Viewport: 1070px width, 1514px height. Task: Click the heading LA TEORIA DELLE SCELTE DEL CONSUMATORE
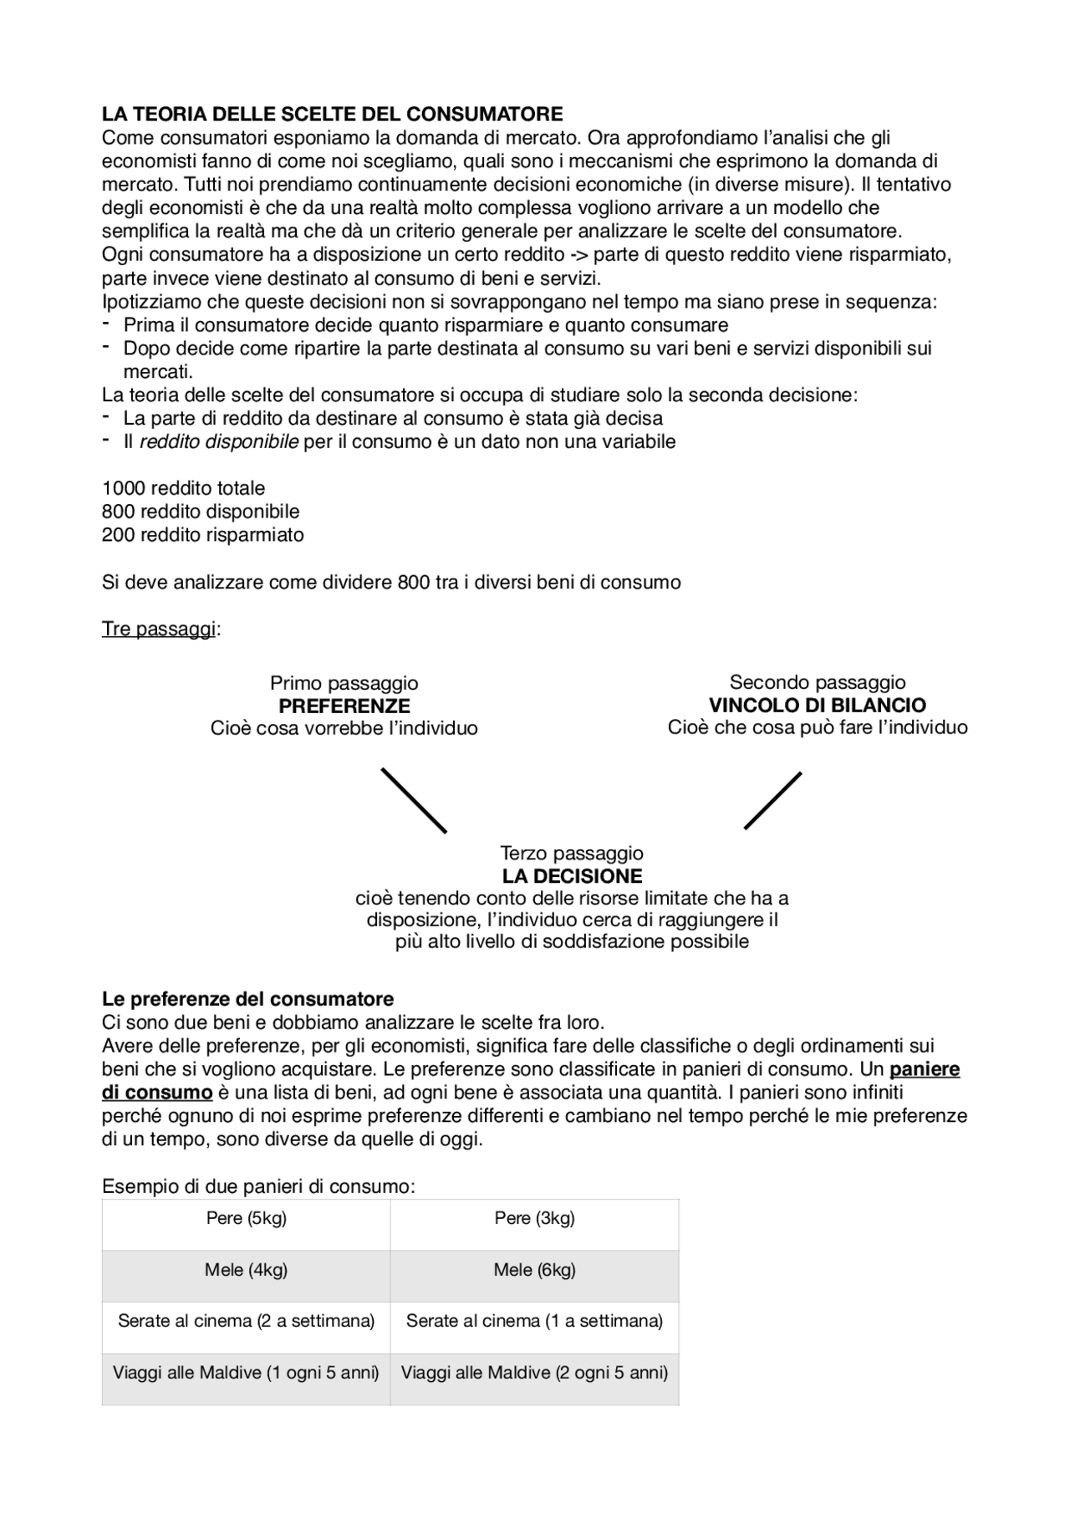(x=332, y=114)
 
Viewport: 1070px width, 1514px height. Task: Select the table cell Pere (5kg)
(x=246, y=1218)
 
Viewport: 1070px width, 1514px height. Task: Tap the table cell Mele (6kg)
(x=534, y=1270)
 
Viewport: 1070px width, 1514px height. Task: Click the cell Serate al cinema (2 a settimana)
(x=246, y=1321)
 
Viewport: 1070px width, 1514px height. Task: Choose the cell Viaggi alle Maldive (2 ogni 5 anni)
(x=534, y=1373)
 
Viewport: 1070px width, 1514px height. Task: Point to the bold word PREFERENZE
(x=344, y=706)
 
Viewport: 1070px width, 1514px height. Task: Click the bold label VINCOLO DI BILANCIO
(x=817, y=705)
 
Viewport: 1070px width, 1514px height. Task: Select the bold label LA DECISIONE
(x=572, y=876)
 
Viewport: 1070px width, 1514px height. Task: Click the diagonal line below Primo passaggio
(x=414, y=800)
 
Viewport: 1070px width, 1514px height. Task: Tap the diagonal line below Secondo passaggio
(x=772, y=801)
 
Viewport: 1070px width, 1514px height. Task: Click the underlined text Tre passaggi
(x=159, y=629)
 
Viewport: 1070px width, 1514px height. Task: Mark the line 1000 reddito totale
(x=183, y=488)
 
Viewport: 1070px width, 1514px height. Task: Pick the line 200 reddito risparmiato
(x=202, y=535)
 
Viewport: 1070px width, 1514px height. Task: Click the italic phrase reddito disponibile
(x=218, y=441)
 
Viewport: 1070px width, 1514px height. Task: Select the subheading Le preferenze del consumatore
(x=247, y=999)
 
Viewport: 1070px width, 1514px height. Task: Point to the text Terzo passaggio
(x=572, y=854)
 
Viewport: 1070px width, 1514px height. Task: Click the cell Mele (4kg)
(x=246, y=1270)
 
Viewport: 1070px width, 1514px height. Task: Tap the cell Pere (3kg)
(x=534, y=1218)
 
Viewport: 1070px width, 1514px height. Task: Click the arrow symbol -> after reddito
(x=577, y=255)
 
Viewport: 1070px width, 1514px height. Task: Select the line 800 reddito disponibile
(x=201, y=512)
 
